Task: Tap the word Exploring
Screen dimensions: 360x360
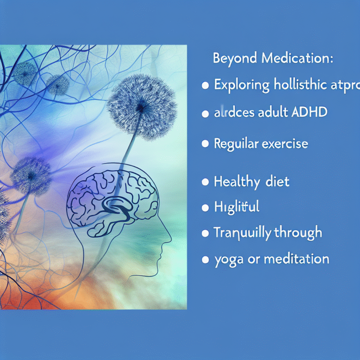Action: (x=241, y=86)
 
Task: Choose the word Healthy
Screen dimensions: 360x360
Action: (x=234, y=182)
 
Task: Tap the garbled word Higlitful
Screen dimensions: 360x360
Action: (x=236, y=207)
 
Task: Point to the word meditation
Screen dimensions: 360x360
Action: (x=294, y=258)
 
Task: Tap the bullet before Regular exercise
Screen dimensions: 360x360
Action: (x=204, y=144)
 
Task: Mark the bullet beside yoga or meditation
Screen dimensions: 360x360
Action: (x=204, y=259)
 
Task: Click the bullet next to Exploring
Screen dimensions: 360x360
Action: (x=204, y=86)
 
